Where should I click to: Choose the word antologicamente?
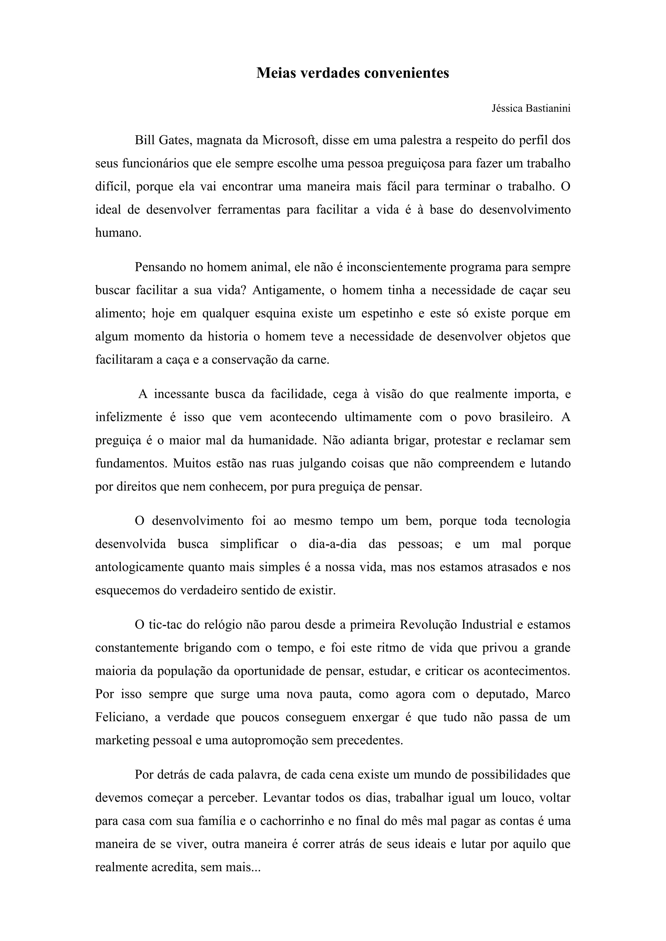coord(140,567)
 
